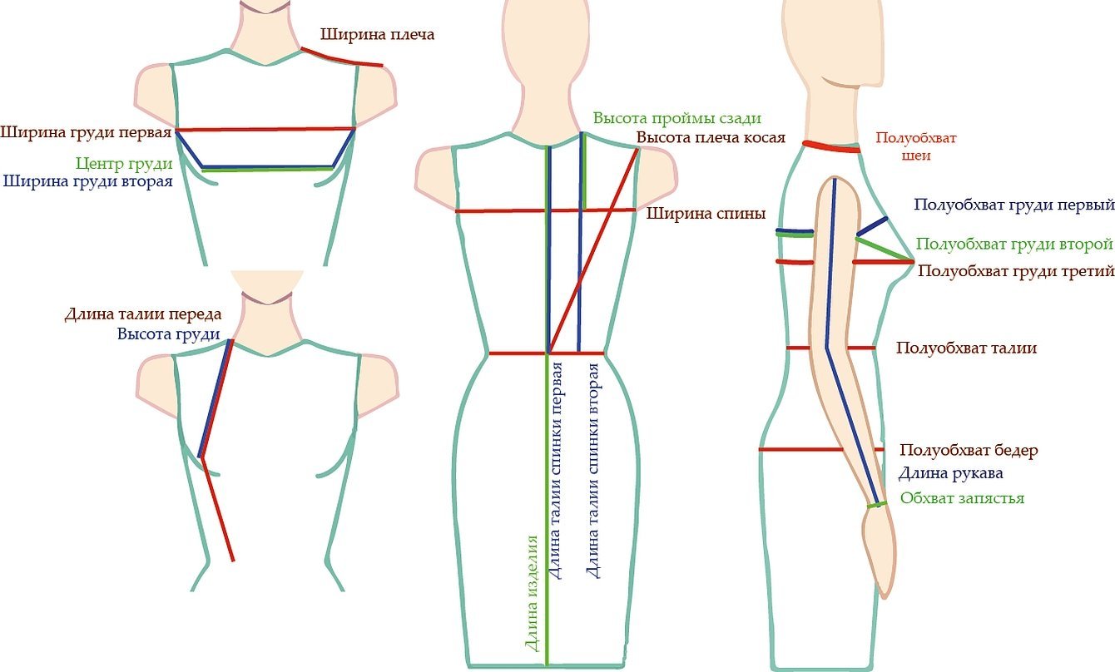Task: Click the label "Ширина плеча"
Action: click(x=378, y=35)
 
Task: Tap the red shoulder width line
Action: click(x=342, y=58)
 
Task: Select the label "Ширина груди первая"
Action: click(x=86, y=131)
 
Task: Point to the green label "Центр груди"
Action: click(x=124, y=163)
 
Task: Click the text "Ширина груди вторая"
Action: click(x=87, y=180)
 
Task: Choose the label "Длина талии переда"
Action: click(x=143, y=314)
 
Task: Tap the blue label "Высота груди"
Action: click(x=169, y=334)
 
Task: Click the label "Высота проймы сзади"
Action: click(x=677, y=118)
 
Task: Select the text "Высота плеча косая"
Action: click(x=711, y=137)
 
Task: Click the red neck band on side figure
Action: click(x=832, y=147)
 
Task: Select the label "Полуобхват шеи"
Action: click(x=915, y=146)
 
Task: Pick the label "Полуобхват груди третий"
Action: click(x=1015, y=271)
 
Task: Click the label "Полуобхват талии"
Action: click(x=966, y=348)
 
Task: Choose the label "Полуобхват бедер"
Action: click(x=969, y=451)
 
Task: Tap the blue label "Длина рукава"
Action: click(x=950, y=473)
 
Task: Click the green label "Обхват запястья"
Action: click(x=962, y=498)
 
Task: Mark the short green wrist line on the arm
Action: click(x=875, y=505)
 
